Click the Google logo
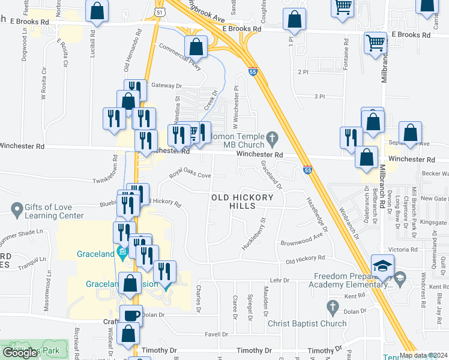(20, 352)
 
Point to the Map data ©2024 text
(423, 355)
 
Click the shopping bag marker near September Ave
(411, 134)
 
